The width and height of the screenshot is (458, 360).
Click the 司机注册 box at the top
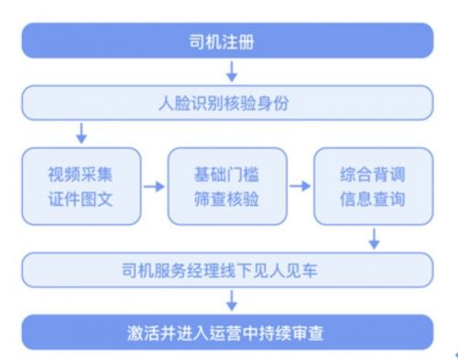click(227, 41)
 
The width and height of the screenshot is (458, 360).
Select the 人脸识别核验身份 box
click(227, 103)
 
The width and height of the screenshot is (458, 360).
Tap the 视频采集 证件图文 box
click(81, 186)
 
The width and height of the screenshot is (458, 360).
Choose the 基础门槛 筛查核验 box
click(227, 186)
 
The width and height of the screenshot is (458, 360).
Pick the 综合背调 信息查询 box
click(372, 186)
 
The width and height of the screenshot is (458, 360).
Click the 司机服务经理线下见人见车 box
click(227, 270)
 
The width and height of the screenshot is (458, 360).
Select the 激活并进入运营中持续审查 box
click(227, 331)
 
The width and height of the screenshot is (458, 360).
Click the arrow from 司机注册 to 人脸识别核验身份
click(232, 71)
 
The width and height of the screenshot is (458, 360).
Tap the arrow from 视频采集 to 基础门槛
click(154, 187)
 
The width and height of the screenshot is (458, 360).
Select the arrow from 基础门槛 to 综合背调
click(300, 187)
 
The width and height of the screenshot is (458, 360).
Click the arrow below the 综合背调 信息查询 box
click(374, 239)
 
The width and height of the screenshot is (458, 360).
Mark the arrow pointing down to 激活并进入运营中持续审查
click(232, 300)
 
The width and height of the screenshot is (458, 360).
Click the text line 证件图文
click(81, 199)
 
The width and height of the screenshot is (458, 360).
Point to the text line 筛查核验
click(227, 199)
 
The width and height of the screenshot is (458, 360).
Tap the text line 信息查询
click(372, 199)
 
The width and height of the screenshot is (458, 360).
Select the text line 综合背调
click(372, 174)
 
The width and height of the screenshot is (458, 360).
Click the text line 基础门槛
click(227, 174)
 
